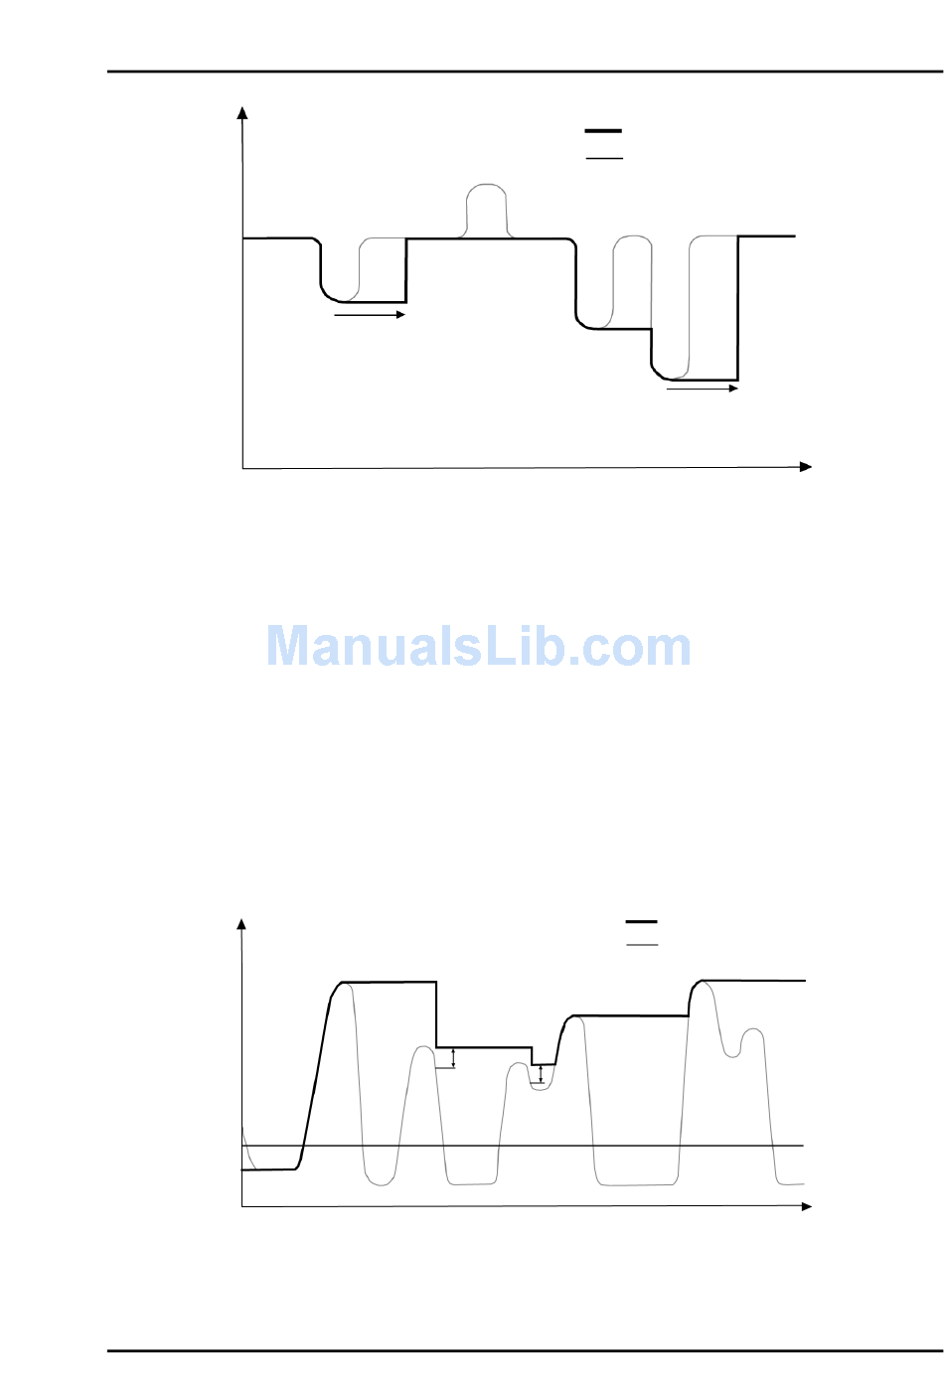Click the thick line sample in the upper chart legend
(x=603, y=130)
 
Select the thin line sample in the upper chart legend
(x=603, y=158)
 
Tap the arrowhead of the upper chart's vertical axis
(x=241, y=111)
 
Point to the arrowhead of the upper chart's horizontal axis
(x=806, y=467)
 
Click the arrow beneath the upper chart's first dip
(x=370, y=315)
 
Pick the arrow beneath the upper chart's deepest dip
(x=702, y=389)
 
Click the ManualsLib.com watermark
(x=478, y=647)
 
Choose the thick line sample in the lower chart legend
(x=642, y=922)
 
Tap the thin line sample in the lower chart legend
(x=642, y=944)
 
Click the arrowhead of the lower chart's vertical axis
(x=240, y=924)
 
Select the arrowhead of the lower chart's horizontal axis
(x=806, y=1206)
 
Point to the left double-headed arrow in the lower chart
(x=454, y=1058)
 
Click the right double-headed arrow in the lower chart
(x=541, y=1074)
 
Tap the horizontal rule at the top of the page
(x=525, y=72)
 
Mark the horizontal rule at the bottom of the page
(x=525, y=1351)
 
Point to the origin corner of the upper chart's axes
(x=243, y=468)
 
